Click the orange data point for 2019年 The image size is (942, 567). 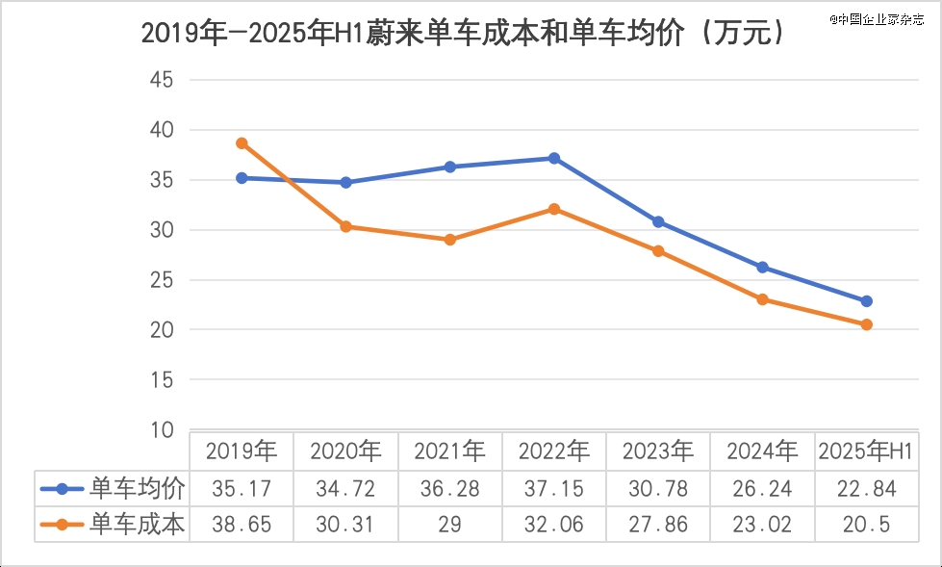242,143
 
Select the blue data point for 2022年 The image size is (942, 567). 554,158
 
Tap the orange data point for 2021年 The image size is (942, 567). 450,240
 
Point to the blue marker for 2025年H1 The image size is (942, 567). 867,301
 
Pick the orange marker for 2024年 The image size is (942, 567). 763,299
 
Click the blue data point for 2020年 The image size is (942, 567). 346,182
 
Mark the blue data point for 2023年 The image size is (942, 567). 658,221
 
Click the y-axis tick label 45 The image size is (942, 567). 162,80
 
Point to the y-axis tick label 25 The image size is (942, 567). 162,280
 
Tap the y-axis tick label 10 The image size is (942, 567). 162,430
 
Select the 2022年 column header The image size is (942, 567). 554,451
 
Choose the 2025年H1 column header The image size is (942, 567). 865,451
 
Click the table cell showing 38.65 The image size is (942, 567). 242,526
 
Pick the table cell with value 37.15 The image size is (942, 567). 554,489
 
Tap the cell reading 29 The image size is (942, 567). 450,526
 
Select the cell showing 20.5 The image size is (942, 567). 866,526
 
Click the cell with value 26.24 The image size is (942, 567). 762,489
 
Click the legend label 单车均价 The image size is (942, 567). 137,488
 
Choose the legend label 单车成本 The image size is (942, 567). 137,526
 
